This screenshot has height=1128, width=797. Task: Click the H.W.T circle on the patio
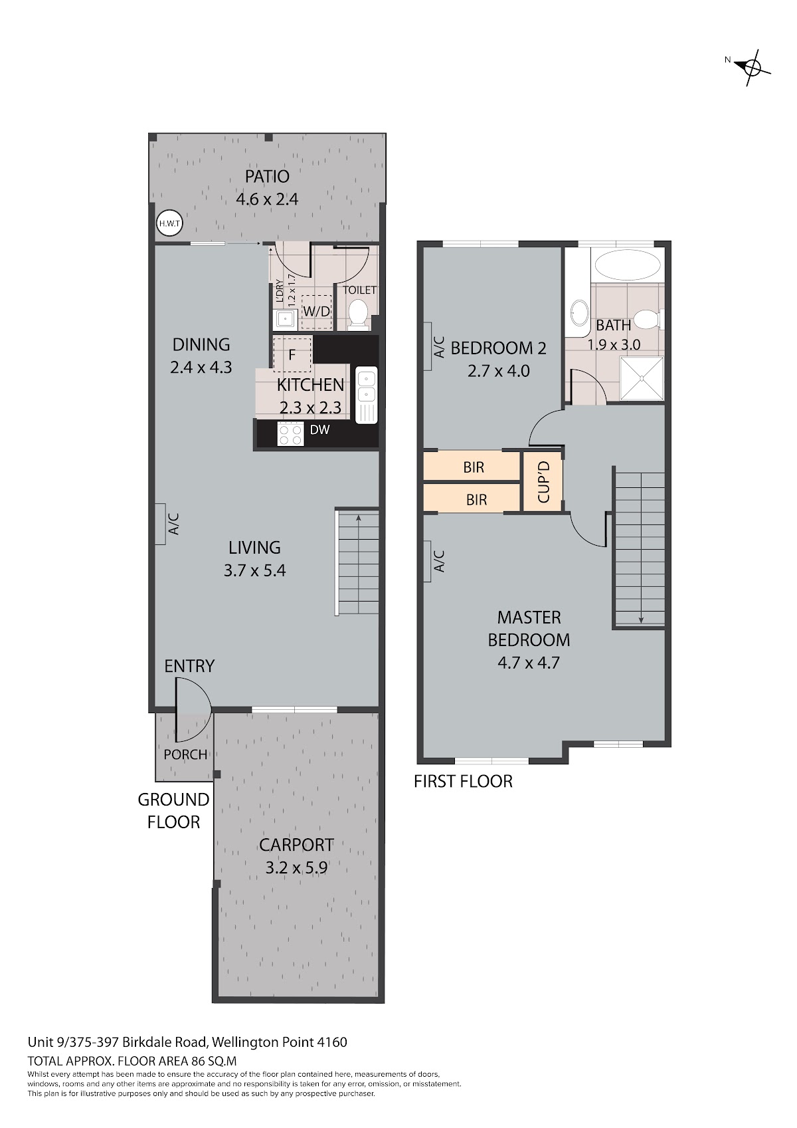point(169,223)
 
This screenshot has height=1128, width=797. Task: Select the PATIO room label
point(267,177)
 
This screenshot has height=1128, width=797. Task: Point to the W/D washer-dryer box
point(317,312)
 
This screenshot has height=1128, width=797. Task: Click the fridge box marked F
point(292,354)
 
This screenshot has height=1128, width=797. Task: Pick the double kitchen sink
point(367,395)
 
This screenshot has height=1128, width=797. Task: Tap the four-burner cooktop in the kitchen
point(291,434)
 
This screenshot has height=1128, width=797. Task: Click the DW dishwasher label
point(319,429)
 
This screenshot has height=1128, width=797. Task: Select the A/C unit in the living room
point(160,524)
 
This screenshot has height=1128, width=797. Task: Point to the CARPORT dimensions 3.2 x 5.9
point(296,867)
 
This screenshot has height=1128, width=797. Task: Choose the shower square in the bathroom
point(642,378)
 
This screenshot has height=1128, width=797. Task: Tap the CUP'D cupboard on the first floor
point(543,482)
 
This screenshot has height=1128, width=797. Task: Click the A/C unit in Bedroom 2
point(428,346)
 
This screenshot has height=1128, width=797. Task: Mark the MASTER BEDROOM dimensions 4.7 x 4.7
point(528,662)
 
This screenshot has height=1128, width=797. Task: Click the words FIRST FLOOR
point(463,781)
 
